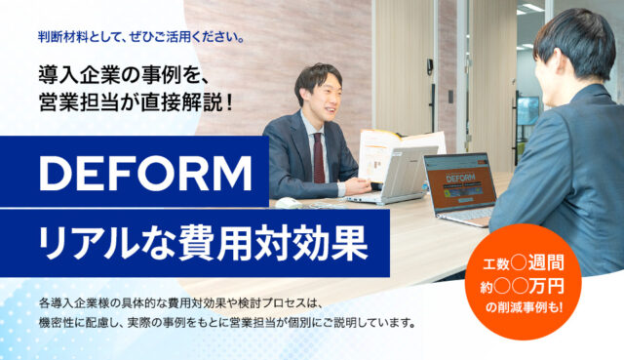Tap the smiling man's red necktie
coord(318,157)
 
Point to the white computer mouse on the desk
coord(286,202)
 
